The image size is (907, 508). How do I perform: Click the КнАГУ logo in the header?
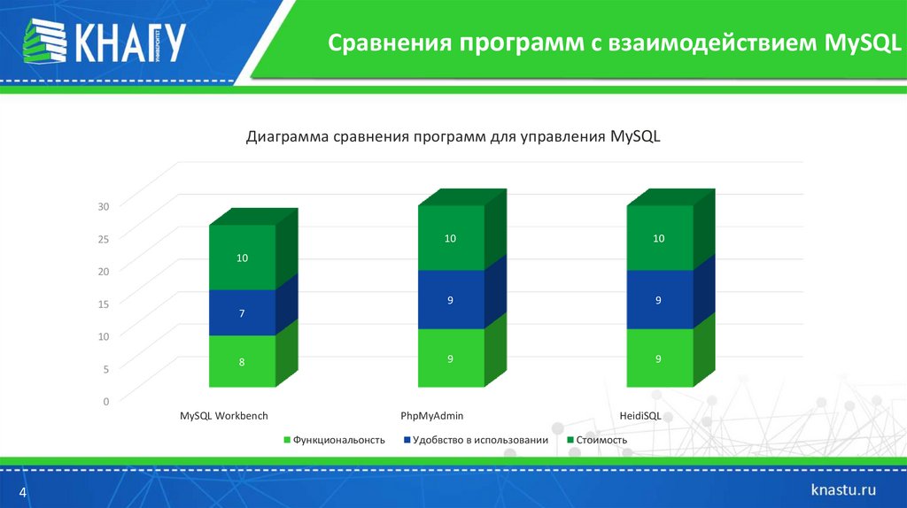click(104, 41)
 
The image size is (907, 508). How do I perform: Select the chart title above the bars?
click(453, 137)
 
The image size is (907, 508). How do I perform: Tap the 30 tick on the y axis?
click(103, 206)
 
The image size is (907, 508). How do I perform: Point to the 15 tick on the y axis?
click(103, 304)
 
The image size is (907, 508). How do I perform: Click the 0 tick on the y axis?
click(105, 401)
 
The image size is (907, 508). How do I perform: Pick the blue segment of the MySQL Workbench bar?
click(242, 312)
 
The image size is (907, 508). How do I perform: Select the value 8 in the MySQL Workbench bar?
click(242, 361)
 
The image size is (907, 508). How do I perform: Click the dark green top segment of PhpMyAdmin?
click(451, 238)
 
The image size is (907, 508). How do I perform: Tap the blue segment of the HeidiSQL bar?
click(659, 300)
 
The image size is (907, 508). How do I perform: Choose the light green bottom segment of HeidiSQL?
click(659, 358)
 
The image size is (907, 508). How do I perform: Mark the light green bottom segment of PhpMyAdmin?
click(451, 358)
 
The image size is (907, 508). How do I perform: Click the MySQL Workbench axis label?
click(224, 415)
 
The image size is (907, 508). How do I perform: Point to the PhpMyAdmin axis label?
click(432, 415)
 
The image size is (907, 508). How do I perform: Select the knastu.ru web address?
click(844, 489)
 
